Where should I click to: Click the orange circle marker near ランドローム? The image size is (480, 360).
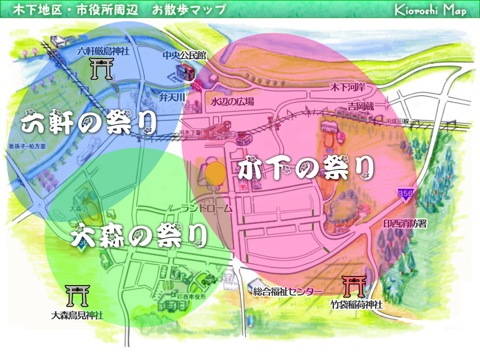coord(216,173)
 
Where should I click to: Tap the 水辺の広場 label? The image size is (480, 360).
coord(232,102)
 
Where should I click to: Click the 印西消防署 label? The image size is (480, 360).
coord(405,224)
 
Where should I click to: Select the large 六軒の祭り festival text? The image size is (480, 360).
coord(89,123)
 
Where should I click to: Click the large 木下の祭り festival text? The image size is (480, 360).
coord(306,168)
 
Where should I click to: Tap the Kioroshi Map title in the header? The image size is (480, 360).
coord(430,10)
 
